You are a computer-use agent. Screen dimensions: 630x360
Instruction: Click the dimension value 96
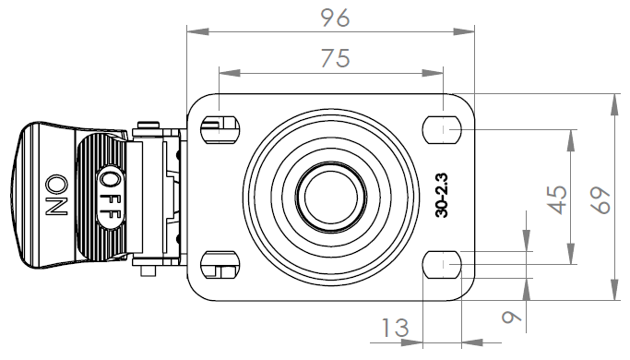point(336,18)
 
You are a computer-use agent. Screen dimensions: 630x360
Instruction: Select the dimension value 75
point(336,58)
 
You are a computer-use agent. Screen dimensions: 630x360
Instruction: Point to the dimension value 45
point(558,199)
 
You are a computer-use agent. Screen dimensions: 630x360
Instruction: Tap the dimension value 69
point(600,200)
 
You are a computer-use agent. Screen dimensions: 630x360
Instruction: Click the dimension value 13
point(395,328)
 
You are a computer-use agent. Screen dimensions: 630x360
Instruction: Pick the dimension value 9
point(511,318)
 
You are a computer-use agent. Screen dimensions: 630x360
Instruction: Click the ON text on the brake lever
point(56,195)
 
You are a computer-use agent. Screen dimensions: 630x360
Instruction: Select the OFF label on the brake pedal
point(110,198)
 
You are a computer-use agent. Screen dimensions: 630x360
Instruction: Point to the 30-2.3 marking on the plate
point(441,196)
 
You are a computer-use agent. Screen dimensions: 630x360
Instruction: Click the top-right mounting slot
point(442,130)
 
